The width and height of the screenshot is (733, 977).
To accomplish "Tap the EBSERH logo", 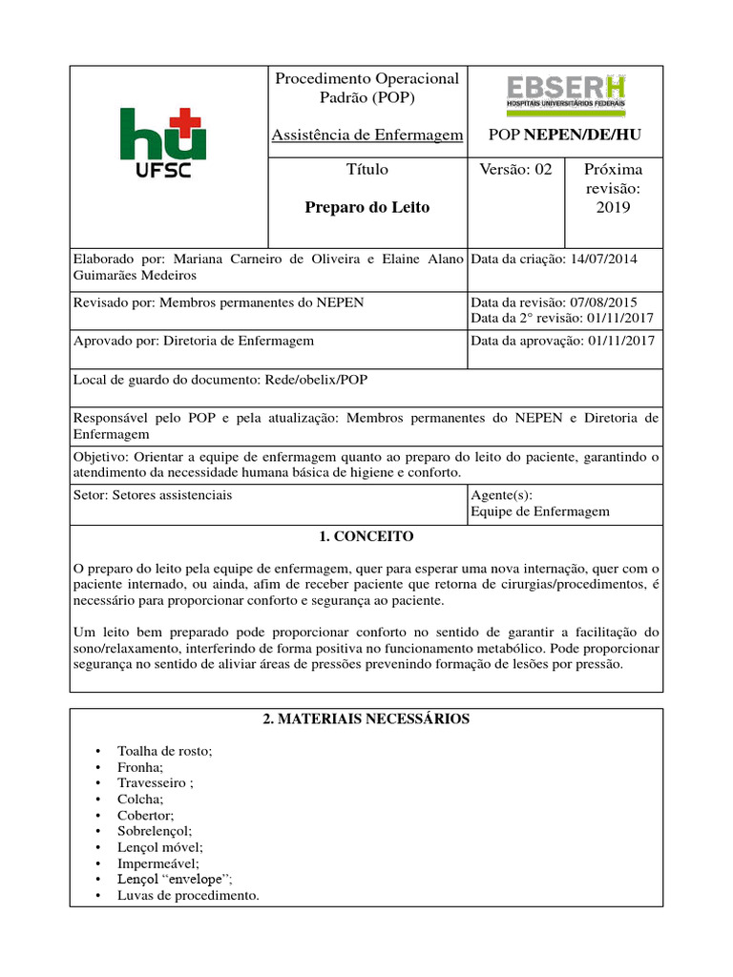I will [565, 95].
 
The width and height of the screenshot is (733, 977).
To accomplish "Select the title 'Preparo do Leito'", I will [366, 207].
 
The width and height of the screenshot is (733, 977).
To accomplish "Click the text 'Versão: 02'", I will [515, 170].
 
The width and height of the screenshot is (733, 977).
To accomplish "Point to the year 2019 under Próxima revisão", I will [613, 208].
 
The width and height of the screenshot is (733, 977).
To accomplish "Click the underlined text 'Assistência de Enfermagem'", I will [367, 135].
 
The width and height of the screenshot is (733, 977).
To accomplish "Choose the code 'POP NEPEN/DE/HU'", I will [564, 136].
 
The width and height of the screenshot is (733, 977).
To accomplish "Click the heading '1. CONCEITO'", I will [366, 536].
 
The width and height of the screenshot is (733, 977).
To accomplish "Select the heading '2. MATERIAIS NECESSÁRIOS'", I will [366, 718].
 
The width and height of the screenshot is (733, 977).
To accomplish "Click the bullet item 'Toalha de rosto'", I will [164, 751].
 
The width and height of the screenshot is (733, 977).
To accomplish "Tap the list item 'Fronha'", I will [140, 767].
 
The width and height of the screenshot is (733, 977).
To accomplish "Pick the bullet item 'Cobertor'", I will [146, 815].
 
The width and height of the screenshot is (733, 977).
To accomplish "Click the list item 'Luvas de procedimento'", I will [188, 895].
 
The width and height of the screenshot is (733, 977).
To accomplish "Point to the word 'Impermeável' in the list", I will [157, 863].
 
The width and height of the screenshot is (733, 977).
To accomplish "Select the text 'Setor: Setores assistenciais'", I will [153, 495].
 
